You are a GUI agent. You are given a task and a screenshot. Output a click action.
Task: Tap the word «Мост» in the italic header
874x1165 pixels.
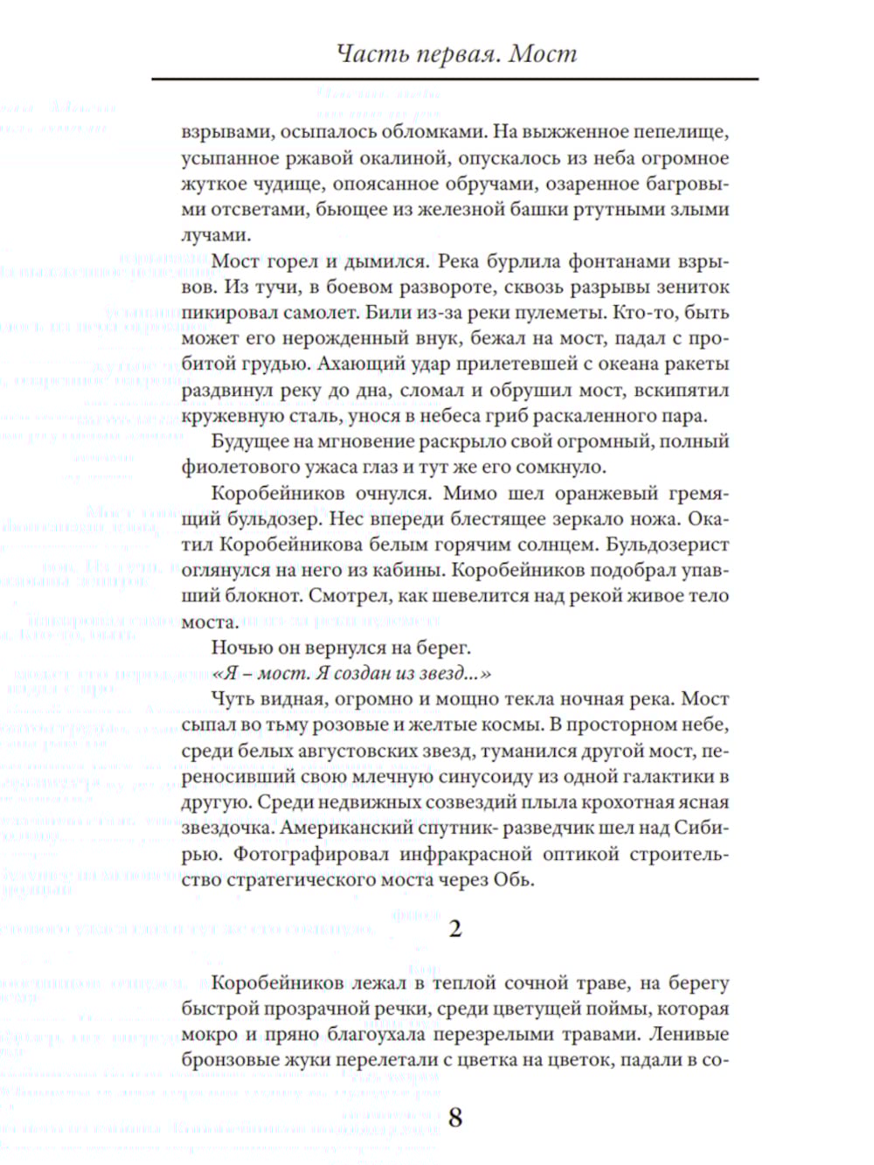click(543, 54)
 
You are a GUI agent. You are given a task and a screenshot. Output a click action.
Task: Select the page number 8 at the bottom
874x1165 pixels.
click(454, 1117)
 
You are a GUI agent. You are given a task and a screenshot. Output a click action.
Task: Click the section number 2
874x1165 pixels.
click(454, 928)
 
